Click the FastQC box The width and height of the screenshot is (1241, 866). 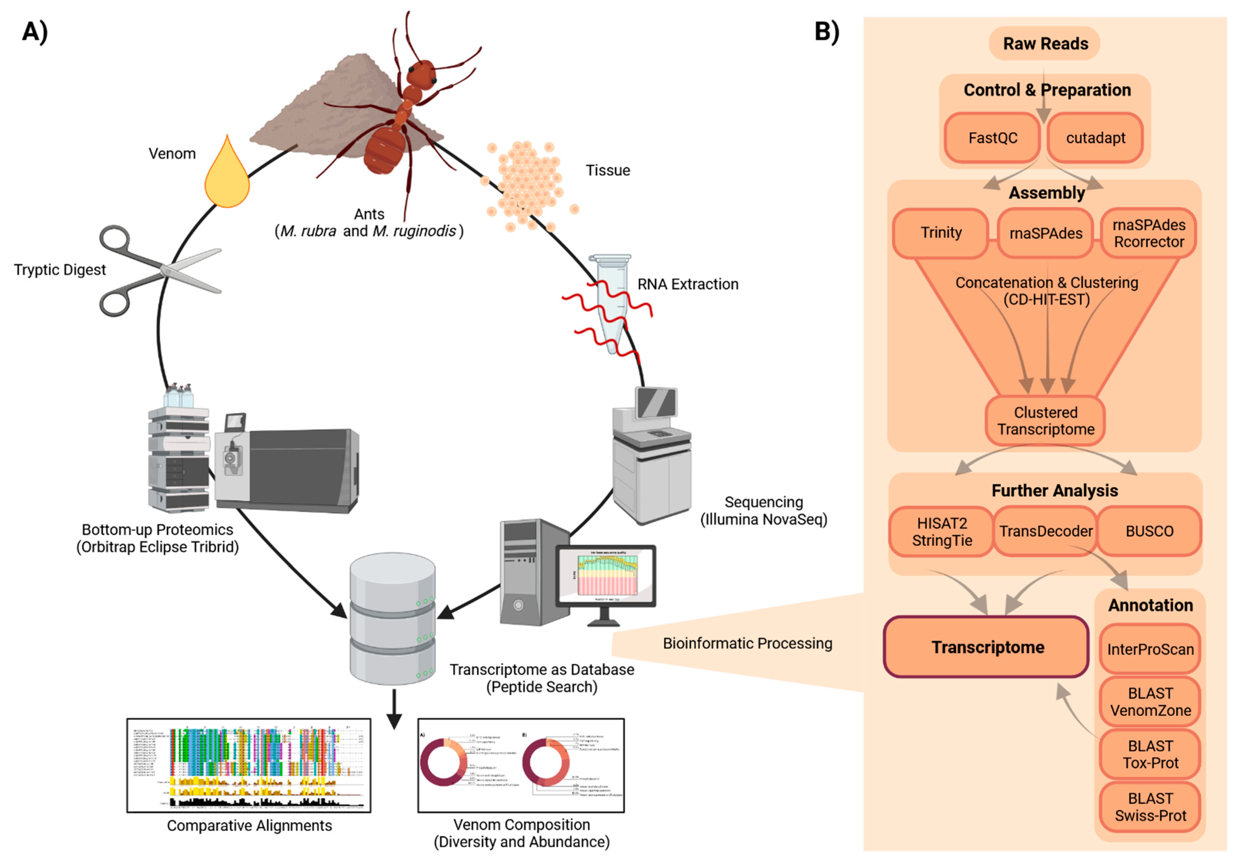click(992, 138)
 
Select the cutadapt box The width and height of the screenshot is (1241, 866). click(1095, 138)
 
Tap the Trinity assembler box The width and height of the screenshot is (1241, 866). click(941, 233)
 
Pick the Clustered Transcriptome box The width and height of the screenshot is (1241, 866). click(1045, 421)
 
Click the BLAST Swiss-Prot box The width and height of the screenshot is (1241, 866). click(1150, 807)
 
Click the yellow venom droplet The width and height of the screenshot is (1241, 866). click(227, 176)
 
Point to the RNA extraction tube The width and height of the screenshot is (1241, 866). click(612, 303)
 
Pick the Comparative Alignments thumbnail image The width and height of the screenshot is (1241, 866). click(249, 765)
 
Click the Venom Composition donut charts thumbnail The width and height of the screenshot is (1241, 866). click(521, 765)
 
